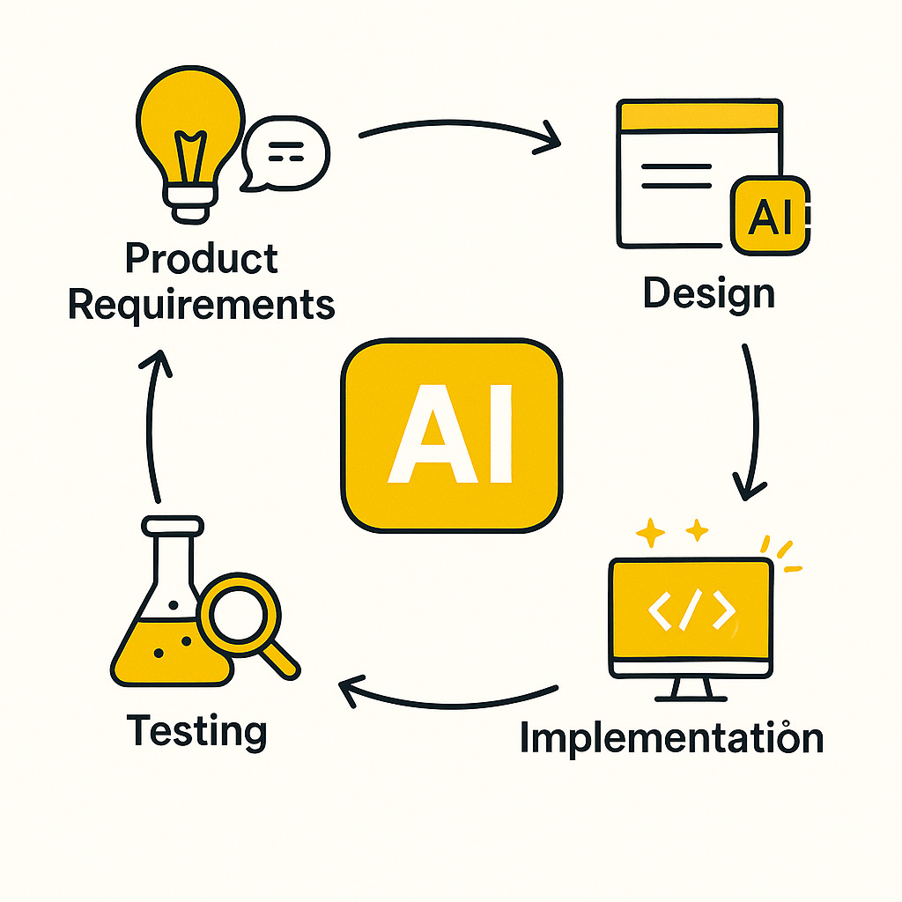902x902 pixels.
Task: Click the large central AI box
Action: coord(451,436)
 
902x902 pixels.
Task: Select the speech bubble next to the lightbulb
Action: coord(285,153)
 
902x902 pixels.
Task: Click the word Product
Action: coord(201,259)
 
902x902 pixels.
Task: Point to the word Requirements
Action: coord(201,305)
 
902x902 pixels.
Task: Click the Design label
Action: coord(708,293)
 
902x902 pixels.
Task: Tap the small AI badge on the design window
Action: coord(770,216)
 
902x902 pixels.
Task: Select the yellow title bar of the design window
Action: coord(699,115)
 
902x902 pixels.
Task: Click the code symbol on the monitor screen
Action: coord(691,610)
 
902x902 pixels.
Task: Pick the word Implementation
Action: coord(671,738)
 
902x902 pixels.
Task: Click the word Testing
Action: coord(196,731)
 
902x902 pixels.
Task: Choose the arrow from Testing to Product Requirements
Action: coord(153,423)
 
